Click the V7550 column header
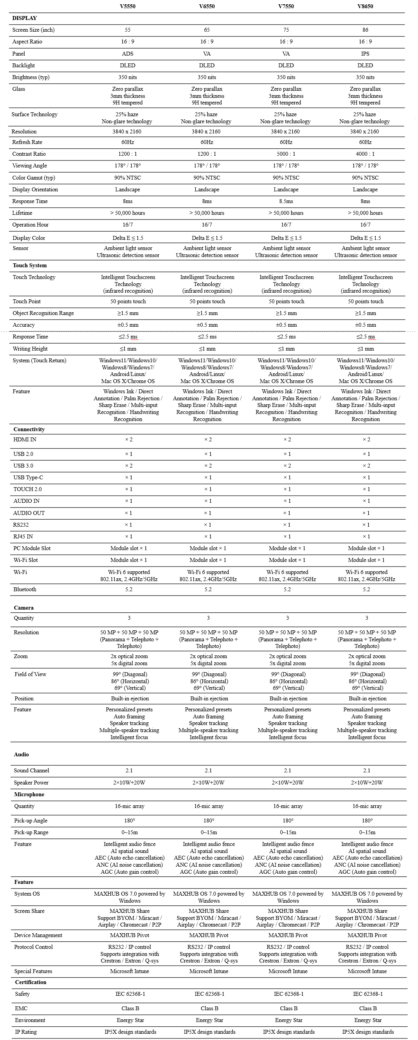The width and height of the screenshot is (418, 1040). click(x=286, y=7)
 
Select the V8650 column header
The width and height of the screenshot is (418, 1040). click(x=365, y=7)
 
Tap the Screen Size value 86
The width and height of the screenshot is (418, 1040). click(x=365, y=30)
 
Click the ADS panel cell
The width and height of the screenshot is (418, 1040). click(x=128, y=54)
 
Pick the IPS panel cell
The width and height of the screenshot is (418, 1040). click(x=365, y=54)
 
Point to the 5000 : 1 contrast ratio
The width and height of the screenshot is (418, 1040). click(x=286, y=154)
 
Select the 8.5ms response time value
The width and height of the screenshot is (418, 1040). click(x=286, y=201)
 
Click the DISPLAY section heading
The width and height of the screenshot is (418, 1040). click(x=25, y=18)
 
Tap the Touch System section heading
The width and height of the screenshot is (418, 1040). click(x=30, y=265)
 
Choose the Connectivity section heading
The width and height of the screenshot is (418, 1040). click(x=29, y=429)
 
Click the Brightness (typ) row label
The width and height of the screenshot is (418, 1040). click(x=30, y=77)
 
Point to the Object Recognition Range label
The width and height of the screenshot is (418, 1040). click(x=43, y=313)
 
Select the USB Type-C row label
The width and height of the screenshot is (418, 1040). click(x=28, y=477)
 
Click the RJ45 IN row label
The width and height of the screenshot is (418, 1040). click(x=23, y=536)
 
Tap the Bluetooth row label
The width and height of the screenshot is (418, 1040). click(x=25, y=589)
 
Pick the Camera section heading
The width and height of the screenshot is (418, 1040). click(x=24, y=608)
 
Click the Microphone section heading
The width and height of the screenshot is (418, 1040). click(x=29, y=794)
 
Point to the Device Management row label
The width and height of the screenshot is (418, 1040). click(x=38, y=935)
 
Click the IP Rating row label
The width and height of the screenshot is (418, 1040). click(x=26, y=1031)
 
